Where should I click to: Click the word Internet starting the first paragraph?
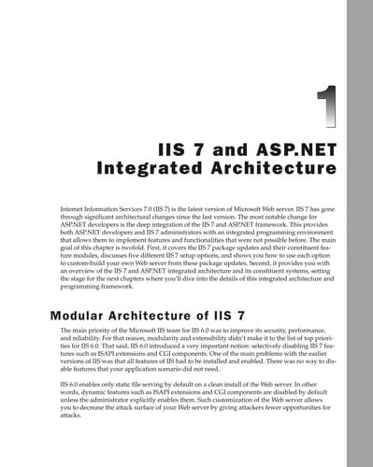coord(74,201)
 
